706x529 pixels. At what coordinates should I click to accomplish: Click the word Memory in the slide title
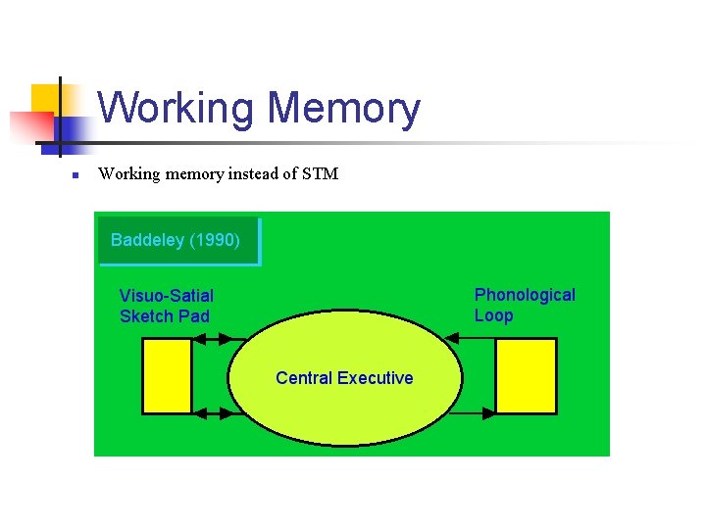(343, 109)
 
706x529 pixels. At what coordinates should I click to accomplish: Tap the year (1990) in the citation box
(215, 240)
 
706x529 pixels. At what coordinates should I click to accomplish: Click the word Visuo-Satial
(167, 295)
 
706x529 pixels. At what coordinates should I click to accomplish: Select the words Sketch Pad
(165, 315)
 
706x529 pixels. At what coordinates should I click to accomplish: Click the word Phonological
(525, 295)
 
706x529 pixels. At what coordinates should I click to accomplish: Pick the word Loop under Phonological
(493, 315)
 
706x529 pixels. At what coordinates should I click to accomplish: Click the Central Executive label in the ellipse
(344, 378)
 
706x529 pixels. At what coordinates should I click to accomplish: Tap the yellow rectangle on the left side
(167, 376)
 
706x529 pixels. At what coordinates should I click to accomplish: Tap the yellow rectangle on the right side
(526, 376)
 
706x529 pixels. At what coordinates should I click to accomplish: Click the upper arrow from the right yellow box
(471, 339)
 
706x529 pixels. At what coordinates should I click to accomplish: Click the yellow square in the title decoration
(47, 98)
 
